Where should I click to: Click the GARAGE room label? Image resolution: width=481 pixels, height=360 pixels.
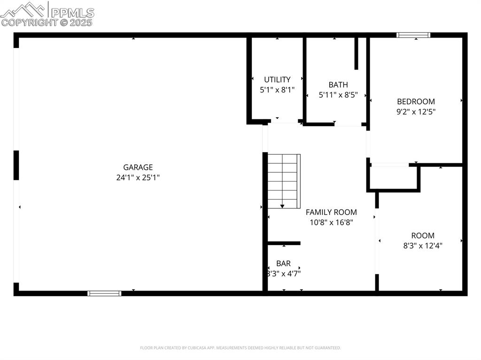click(138, 167)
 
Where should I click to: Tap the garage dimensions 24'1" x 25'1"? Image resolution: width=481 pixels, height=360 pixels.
click(138, 177)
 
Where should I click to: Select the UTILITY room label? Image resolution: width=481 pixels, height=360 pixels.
click(277, 79)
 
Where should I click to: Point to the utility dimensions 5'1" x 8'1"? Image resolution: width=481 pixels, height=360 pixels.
click(277, 90)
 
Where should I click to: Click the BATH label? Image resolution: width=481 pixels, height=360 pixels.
click(338, 84)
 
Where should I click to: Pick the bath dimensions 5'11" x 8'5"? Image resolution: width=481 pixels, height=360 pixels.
click(338, 95)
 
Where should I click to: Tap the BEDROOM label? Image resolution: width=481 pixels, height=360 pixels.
click(416, 101)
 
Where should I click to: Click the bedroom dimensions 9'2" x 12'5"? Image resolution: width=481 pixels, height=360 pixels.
click(416, 112)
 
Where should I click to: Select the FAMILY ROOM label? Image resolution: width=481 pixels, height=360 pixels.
click(331, 212)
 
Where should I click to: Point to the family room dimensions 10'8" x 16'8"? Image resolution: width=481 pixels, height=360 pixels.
click(331, 222)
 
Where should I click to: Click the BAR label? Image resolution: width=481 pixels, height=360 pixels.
click(283, 263)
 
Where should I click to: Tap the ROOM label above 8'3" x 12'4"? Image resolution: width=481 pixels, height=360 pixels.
click(423, 235)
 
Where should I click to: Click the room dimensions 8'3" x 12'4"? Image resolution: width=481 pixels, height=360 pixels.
click(423, 245)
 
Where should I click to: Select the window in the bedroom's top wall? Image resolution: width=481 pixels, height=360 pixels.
click(413, 35)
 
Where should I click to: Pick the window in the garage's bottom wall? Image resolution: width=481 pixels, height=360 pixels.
click(104, 293)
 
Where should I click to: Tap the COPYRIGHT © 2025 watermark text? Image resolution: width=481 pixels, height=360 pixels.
click(47, 22)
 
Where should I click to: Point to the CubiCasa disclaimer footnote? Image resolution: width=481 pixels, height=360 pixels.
click(240, 348)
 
